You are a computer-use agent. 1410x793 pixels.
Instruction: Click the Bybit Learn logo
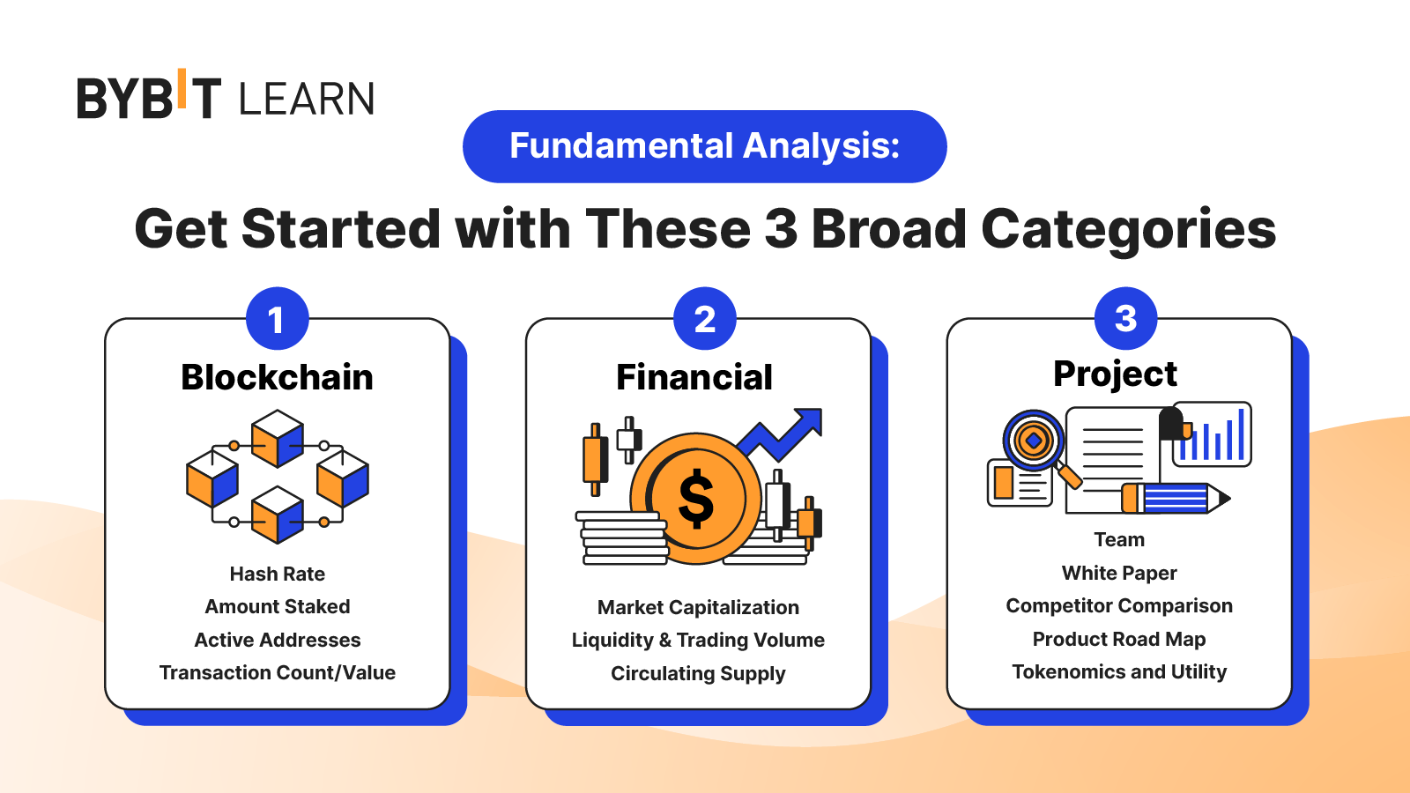(x=226, y=94)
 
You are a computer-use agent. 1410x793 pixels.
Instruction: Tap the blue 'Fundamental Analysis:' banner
(x=704, y=146)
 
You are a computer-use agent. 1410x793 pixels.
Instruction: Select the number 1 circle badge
(x=277, y=318)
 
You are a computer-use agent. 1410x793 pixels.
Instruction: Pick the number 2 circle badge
(x=704, y=318)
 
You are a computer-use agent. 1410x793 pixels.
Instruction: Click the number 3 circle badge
(x=1125, y=318)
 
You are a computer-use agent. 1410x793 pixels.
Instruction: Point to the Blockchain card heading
(x=277, y=377)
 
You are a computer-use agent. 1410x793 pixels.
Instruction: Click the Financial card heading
(x=694, y=377)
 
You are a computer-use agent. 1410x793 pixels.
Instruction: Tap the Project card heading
(x=1115, y=374)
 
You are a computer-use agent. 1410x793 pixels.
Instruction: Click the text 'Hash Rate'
(x=277, y=574)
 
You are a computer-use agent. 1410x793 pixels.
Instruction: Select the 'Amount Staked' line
(x=277, y=607)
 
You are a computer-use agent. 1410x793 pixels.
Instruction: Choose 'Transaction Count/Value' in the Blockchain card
(x=277, y=673)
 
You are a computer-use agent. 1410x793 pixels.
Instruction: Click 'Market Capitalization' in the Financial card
(x=698, y=608)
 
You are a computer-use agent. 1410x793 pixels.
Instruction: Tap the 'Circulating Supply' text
(x=698, y=674)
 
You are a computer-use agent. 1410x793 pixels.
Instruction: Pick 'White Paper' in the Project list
(x=1119, y=574)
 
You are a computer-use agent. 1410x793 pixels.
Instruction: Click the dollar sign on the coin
(x=695, y=499)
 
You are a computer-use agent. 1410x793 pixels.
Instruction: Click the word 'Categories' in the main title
(x=1128, y=229)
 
